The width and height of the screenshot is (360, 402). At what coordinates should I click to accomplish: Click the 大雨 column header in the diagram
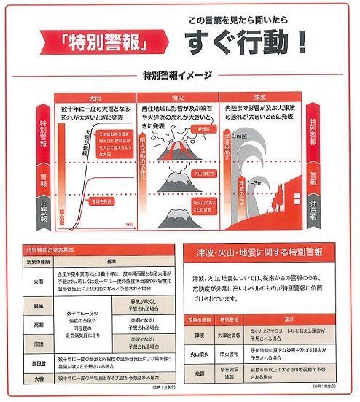(95, 96)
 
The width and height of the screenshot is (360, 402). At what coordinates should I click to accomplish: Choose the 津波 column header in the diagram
(258, 96)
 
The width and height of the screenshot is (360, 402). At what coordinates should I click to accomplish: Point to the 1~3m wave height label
(254, 181)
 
